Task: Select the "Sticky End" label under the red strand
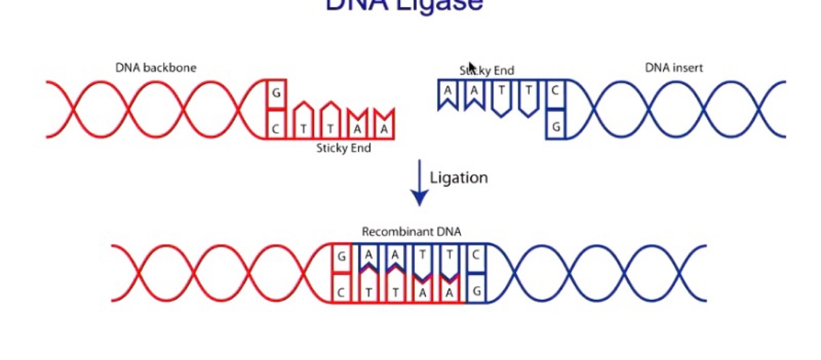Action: pyautogui.click(x=343, y=148)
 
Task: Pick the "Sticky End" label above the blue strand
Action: pyautogui.click(x=487, y=71)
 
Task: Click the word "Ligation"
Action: pyautogui.click(x=459, y=178)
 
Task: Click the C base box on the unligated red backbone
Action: pyautogui.click(x=276, y=128)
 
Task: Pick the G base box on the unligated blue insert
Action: pyautogui.click(x=555, y=127)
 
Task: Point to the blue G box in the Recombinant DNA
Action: pyautogui.click(x=476, y=290)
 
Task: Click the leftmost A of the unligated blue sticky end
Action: pyautogui.click(x=447, y=92)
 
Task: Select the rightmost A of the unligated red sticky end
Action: pyautogui.click(x=384, y=128)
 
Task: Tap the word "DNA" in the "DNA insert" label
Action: pyautogui.click(x=657, y=68)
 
